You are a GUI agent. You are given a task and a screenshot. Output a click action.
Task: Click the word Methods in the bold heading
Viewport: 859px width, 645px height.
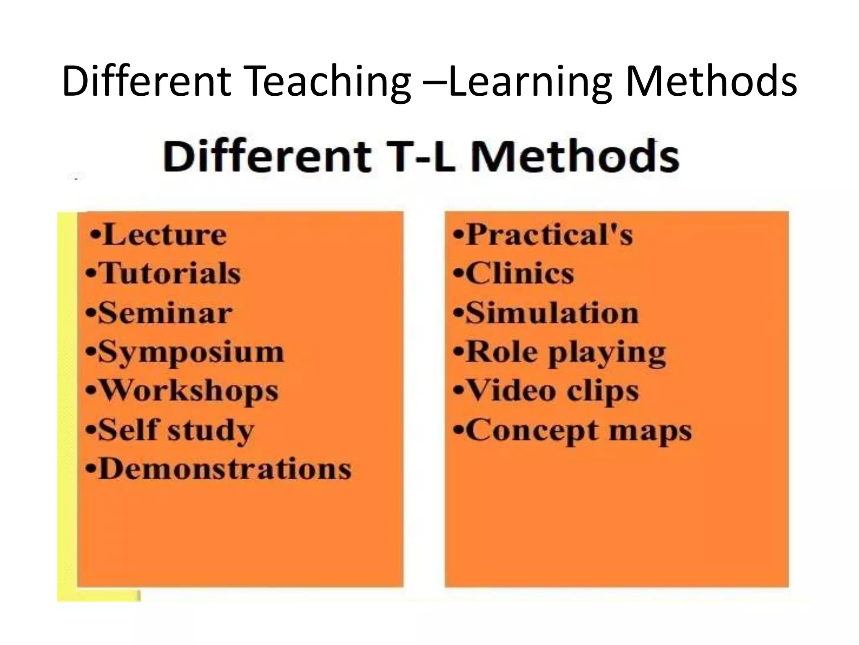tap(574, 157)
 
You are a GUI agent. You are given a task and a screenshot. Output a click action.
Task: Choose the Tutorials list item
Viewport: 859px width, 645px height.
tap(169, 273)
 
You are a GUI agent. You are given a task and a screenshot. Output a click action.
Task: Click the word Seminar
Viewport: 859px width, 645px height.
tap(165, 313)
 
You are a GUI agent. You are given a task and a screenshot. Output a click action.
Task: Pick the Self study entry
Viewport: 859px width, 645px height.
tap(176, 430)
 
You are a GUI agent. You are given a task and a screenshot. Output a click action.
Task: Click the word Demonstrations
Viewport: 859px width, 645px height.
tap(225, 469)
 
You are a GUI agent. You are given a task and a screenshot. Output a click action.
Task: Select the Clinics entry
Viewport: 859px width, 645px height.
tap(520, 273)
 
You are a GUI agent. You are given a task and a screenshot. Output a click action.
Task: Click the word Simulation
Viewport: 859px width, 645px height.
tap(552, 313)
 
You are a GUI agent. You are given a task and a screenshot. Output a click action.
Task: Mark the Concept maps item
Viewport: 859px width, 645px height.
tap(579, 430)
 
